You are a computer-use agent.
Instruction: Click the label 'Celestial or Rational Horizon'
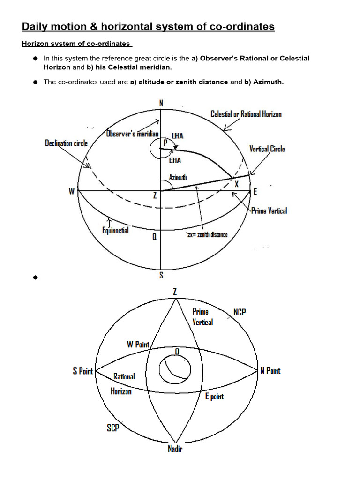(246, 114)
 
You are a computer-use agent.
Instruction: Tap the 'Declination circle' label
(66, 143)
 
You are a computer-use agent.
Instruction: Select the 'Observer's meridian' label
(133, 134)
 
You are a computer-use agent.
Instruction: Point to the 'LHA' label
(177, 135)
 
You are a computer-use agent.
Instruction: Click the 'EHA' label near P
(175, 160)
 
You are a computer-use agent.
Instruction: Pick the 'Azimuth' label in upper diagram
(178, 177)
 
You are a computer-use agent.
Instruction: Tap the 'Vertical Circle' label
(267, 149)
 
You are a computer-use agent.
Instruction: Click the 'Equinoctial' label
(115, 230)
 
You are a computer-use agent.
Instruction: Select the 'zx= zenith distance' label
(207, 234)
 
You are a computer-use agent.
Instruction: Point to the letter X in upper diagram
(237, 184)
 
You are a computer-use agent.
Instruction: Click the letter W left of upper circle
(72, 191)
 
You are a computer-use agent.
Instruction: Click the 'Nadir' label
(175, 449)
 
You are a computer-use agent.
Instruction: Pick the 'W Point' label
(138, 345)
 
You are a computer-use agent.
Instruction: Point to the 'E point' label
(214, 397)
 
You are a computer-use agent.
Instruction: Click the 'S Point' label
(82, 371)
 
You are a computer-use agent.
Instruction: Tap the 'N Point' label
(270, 371)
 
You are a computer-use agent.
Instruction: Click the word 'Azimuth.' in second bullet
(269, 82)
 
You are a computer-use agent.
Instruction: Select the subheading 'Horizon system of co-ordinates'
(76, 44)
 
